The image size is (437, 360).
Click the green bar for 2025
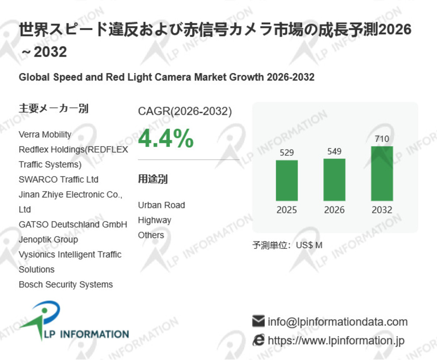(x=287, y=180)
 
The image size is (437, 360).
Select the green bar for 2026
(x=334, y=179)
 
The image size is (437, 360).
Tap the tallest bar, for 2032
(x=382, y=173)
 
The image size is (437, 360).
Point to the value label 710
(x=382, y=139)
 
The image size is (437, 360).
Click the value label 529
(x=287, y=153)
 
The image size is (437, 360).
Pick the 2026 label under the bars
(x=334, y=210)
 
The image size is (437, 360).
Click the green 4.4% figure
(x=166, y=139)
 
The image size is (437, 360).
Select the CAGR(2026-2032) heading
(x=185, y=112)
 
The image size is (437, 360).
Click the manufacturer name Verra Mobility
(x=45, y=135)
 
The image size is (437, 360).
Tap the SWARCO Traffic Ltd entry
(x=59, y=179)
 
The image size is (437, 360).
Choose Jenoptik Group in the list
(x=48, y=239)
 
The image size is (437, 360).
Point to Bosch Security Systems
(x=66, y=284)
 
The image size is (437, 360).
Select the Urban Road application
(x=161, y=205)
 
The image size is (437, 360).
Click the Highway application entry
(x=154, y=220)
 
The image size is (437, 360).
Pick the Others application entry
(x=151, y=235)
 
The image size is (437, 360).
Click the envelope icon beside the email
(x=259, y=322)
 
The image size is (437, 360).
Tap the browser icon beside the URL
(x=259, y=340)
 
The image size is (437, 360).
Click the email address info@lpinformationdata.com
(x=337, y=322)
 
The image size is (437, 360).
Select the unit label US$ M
(x=309, y=245)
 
